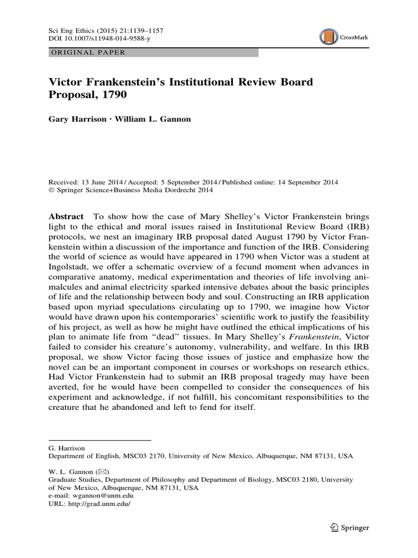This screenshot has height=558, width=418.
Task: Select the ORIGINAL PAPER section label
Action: coord(88,53)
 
